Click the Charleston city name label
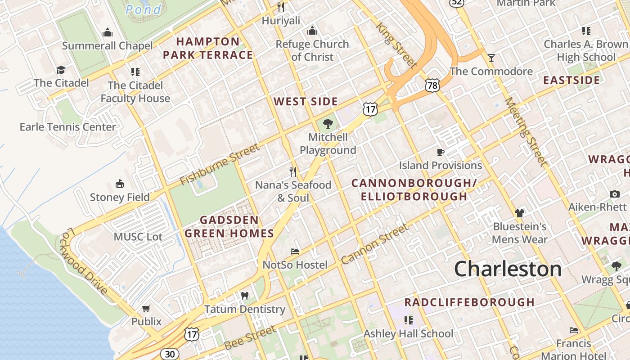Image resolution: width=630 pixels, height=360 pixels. [x=508, y=269]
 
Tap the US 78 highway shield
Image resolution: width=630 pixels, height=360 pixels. [x=432, y=85]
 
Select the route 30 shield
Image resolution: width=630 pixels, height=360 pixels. [x=170, y=354]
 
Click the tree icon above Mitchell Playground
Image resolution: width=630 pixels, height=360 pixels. [x=328, y=123]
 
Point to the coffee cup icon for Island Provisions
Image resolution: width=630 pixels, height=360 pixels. [x=441, y=153]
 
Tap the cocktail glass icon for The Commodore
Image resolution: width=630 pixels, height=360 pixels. [x=491, y=58]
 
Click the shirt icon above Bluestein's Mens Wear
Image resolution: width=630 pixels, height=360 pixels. [x=520, y=213]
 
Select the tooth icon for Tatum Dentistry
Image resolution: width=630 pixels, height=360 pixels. [x=245, y=296]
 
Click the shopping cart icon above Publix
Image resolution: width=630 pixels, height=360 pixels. [x=146, y=308]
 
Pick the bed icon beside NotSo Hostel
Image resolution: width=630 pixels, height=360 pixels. [x=295, y=251]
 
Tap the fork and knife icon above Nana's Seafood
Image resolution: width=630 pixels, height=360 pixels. [x=293, y=171]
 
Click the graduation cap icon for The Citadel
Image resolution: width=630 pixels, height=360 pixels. [x=61, y=70]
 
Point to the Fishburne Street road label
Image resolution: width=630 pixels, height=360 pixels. [x=220, y=165]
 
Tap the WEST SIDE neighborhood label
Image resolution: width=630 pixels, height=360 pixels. [x=306, y=102]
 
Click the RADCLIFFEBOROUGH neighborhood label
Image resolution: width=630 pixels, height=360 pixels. [x=469, y=302]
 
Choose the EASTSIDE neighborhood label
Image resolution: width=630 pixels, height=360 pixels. [x=571, y=81]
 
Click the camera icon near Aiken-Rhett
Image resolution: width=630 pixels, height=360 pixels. [x=615, y=194]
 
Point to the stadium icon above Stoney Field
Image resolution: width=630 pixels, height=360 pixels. [x=120, y=184]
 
